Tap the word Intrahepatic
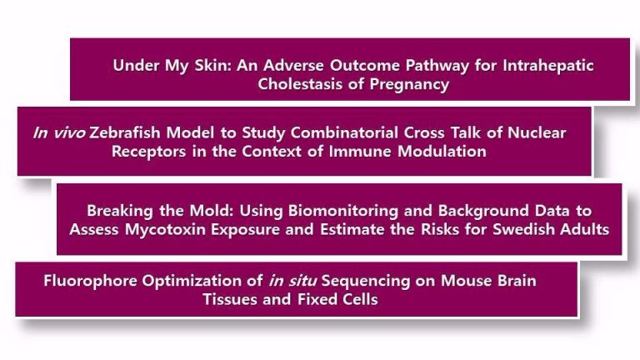(548, 65)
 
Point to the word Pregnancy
(409, 84)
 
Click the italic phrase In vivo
(59, 132)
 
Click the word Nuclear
(537, 132)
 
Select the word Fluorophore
(90, 281)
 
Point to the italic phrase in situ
(292, 281)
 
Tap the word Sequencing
(366, 281)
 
